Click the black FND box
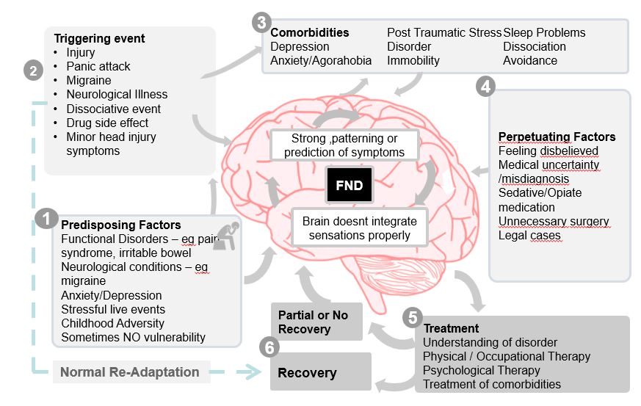point(350,185)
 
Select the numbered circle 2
point(33,71)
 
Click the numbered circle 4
point(485,86)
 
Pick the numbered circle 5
point(413,318)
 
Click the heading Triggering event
point(100,39)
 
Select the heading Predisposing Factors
point(121,225)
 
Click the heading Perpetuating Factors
point(557,137)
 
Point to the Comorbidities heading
point(310,33)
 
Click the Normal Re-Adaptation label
point(129,372)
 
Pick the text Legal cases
point(529,236)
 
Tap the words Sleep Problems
point(544,33)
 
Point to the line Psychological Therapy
point(482,370)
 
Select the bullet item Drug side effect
point(107,123)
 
